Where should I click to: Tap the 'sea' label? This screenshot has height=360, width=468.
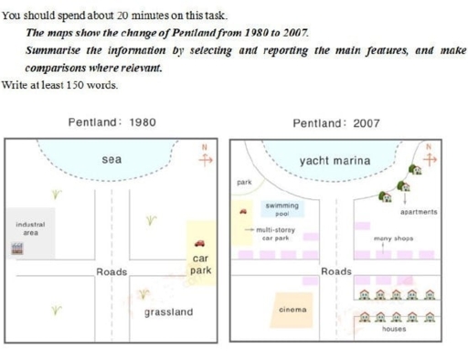coord(112,159)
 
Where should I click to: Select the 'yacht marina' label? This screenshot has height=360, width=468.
coord(335,161)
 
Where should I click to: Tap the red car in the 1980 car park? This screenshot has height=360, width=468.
coord(200,243)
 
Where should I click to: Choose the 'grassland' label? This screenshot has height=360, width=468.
coord(168,312)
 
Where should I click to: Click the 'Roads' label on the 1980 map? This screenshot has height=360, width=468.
coord(112,272)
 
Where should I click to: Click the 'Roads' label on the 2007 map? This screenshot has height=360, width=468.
coord(336,272)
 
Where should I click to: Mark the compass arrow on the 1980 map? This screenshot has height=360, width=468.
coord(206,156)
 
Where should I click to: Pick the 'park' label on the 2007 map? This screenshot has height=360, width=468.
coord(243,183)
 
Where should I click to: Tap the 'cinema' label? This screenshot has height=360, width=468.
coord(292,310)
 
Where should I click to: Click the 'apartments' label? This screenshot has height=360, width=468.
coord(419,212)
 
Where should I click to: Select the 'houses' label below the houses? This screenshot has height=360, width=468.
coord(394,328)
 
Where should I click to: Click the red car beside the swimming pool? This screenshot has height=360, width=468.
coord(243,212)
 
